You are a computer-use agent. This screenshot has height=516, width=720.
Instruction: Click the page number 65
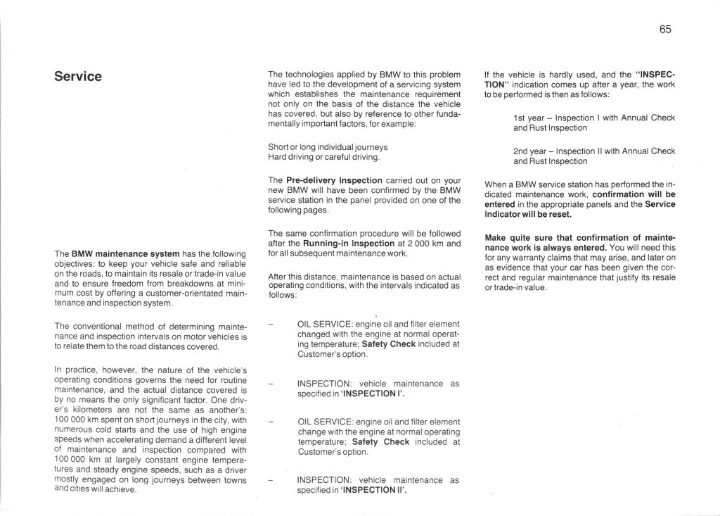pyautogui.click(x=665, y=29)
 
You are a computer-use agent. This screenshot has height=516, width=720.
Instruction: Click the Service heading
pyautogui.click(x=78, y=76)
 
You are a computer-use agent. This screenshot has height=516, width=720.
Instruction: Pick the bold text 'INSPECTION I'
pyautogui.click(x=372, y=394)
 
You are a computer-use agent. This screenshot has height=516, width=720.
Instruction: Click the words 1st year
pyautogui.click(x=527, y=118)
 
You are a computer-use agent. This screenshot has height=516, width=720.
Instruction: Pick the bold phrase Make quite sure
pyautogui.click(x=520, y=237)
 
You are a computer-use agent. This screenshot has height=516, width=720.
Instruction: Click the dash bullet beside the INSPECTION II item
pyautogui.click(x=271, y=480)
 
